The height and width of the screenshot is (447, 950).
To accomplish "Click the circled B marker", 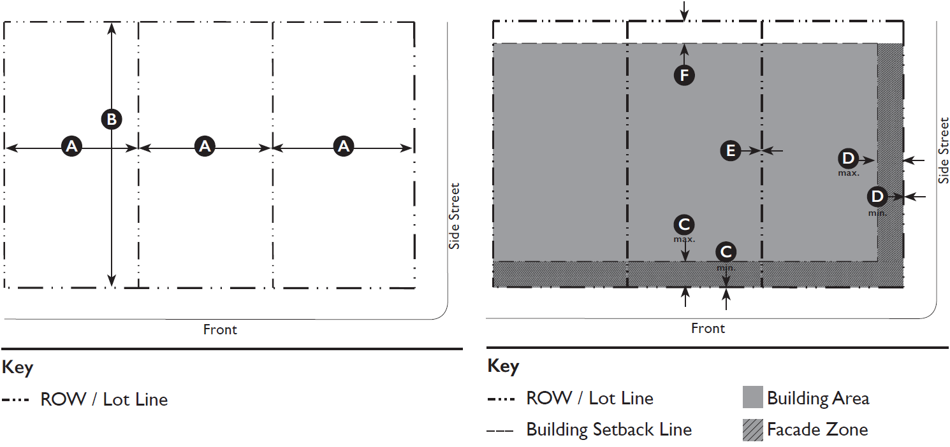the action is tap(112, 119).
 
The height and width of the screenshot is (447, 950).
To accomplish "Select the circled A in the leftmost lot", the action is tap(71, 146).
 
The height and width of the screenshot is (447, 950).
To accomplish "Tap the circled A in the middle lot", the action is tap(205, 146).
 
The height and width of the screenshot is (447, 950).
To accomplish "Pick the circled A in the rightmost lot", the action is tap(344, 146).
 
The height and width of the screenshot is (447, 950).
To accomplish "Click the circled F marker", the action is tap(684, 76).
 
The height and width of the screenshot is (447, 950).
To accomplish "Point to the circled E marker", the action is tap(731, 150).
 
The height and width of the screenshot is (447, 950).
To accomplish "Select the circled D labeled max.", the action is tap(848, 158).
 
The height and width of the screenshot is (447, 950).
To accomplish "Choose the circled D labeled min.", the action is tap(878, 196).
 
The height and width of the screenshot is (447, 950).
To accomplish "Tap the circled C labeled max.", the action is tap(684, 224).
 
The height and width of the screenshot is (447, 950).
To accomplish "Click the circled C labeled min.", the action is tap(726, 252).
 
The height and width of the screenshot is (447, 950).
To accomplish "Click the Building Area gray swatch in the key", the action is tap(752, 398).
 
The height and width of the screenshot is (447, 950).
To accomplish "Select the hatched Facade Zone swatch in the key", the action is tap(752, 430).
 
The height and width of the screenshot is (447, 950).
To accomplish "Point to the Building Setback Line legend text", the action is tap(609, 430).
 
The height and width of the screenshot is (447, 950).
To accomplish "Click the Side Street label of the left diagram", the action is tap(454, 216).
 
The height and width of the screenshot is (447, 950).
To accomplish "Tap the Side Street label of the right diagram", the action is tap(943, 151).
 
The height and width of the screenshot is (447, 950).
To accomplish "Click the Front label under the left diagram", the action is tap(220, 330).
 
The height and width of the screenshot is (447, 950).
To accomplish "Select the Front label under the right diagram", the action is tap(708, 329).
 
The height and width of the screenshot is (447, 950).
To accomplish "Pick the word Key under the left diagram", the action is tap(18, 367).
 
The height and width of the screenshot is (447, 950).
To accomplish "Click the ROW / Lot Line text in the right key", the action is tap(590, 399).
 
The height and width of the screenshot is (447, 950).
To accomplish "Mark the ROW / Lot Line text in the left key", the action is tap(104, 400).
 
